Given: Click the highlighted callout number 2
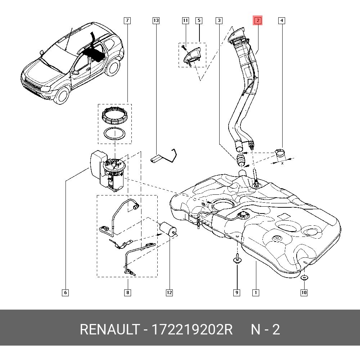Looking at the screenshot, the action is coord(258,21).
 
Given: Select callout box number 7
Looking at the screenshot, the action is coord(127,21).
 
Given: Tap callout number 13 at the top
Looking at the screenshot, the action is coord(156,21).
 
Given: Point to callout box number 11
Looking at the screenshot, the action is coord(185,21).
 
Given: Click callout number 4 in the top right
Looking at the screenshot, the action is coord(282,21).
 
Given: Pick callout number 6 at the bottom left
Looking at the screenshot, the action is coord(66,292).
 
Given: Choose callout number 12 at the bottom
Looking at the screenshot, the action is coord(169,292).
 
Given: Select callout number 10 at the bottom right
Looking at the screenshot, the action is coord(304,292).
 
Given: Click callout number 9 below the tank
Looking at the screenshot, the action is coord(237,292).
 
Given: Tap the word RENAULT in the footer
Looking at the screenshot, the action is coord(110,329).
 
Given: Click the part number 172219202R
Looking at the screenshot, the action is coord(192,329).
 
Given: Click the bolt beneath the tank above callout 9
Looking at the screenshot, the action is coord(237,258).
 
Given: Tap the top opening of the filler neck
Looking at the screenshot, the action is coord(238,32).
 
